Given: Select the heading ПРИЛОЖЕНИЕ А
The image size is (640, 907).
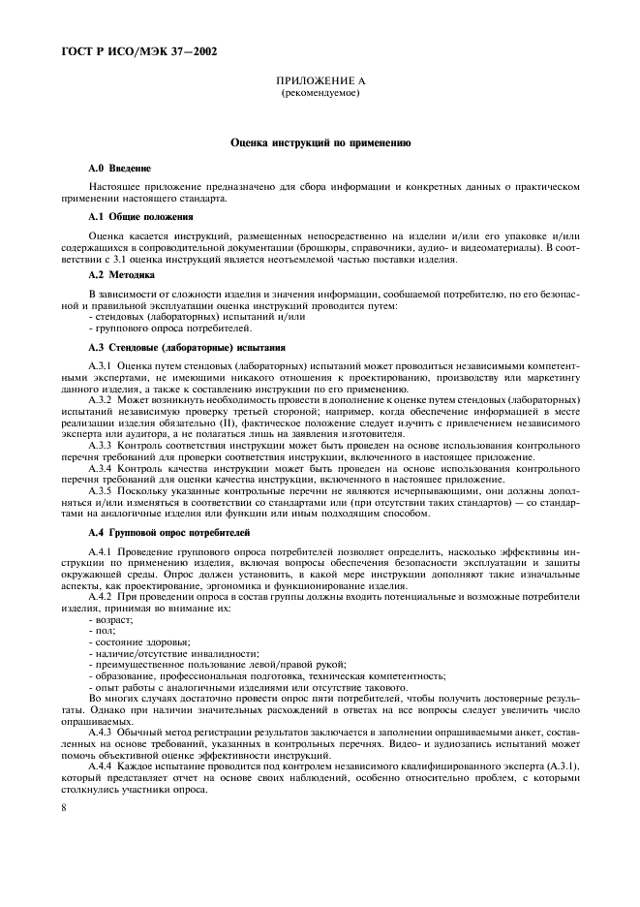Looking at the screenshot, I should [320, 82].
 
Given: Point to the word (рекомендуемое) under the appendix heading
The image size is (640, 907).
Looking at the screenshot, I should [320, 94].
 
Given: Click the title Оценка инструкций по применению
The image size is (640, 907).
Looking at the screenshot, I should [320, 143].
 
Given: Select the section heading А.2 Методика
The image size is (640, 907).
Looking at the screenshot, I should [122, 276].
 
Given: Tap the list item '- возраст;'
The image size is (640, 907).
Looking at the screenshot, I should [112, 618].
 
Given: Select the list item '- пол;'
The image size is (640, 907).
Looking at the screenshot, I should [103, 630].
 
